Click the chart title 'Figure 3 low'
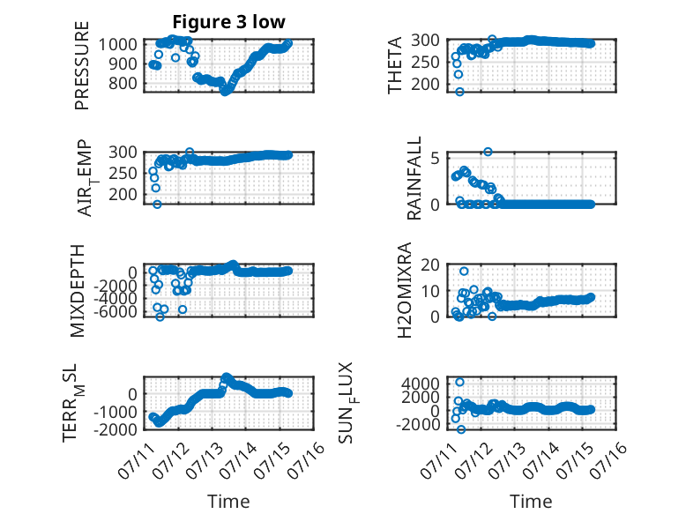pyautogui.click(x=228, y=22)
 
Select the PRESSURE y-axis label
pyautogui.click(x=82, y=65)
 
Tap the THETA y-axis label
pyautogui.click(x=395, y=65)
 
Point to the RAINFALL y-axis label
pyautogui.click(x=414, y=178)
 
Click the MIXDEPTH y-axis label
pyautogui.click(x=77, y=291)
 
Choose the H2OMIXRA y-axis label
pyautogui.click(x=405, y=290)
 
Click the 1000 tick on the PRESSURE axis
pyautogui.click(x=117, y=44)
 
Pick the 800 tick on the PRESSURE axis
pyautogui.click(x=123, y=83)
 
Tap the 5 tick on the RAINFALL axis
pyautogui.click(x=435, y=158)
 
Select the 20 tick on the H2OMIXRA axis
pyautogui.click(x=429, y=264)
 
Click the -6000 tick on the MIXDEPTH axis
pyautogui.click(x=115, y=312)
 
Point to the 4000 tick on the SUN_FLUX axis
pyautogui.click(x=421, y=384)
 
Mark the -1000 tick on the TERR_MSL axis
pyautogui.click(x=115, y=412)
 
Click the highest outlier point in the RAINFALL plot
pyautogui.click(x=488, y=152)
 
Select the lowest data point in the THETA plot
pyautogui.click(x=459, y=92)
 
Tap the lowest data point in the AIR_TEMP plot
pyautogui.click(x=157, y=205)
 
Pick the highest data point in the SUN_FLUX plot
pyautogui.click(x=459, y=382)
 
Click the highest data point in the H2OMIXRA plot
pyautogui.click(x=464, y=272)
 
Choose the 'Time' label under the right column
pyautogui.click(x=531, y=502)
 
